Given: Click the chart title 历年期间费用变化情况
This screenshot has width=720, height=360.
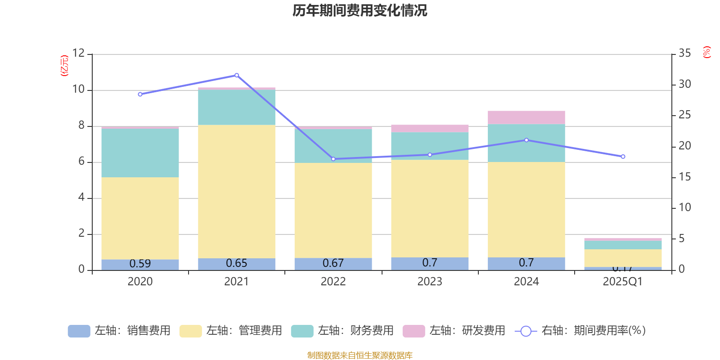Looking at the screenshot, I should (360, 10).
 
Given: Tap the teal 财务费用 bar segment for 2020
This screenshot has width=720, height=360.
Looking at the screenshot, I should (140, 153).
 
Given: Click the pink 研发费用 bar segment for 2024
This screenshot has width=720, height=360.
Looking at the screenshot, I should (526, 117).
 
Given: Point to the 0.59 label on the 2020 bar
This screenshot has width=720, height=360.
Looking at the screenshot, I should (140, 264).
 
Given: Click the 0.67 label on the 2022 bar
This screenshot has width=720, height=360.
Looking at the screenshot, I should (333, 263).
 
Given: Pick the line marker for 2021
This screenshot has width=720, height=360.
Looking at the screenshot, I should (237, 75).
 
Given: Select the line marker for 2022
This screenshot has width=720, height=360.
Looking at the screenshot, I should (333, 159).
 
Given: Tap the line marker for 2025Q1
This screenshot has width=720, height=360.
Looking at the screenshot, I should (623, 157).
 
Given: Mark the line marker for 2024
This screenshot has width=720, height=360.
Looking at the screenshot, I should (526, 140).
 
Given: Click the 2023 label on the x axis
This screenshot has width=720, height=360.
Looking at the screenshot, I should (430, 282).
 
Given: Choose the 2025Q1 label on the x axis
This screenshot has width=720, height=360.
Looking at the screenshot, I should (623, 282).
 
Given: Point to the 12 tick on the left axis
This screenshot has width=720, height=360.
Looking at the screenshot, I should (79, 53).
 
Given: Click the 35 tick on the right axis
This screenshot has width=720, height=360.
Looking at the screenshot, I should (684, 53).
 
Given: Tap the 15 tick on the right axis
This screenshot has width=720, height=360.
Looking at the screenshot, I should (684, 177).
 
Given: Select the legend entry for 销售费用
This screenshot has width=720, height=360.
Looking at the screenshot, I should (119, 331).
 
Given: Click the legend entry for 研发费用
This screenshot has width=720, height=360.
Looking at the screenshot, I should (454, 331).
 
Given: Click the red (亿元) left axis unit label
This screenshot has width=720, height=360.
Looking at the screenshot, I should (64, 66).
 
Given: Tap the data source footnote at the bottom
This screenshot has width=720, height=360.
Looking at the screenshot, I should (360, 355).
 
